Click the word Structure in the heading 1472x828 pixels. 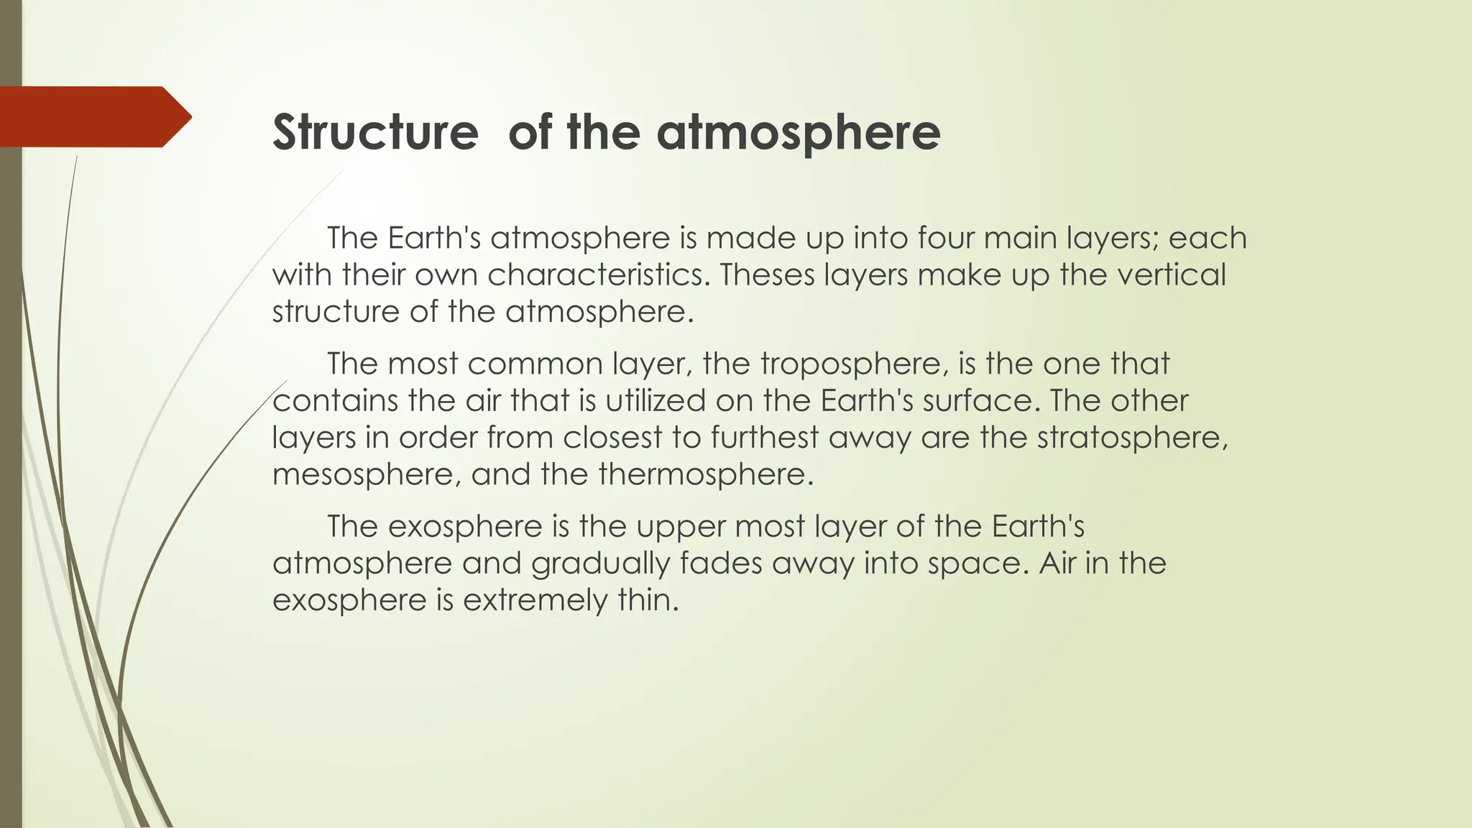click(x=375, y=132)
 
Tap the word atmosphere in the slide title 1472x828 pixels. click(x=799, y=132)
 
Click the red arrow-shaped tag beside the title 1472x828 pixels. click(x=93, y=116)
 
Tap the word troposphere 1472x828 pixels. click(x=850, y=364)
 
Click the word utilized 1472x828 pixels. click(x=655, y=401)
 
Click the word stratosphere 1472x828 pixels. click(x=1132, y=438)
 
